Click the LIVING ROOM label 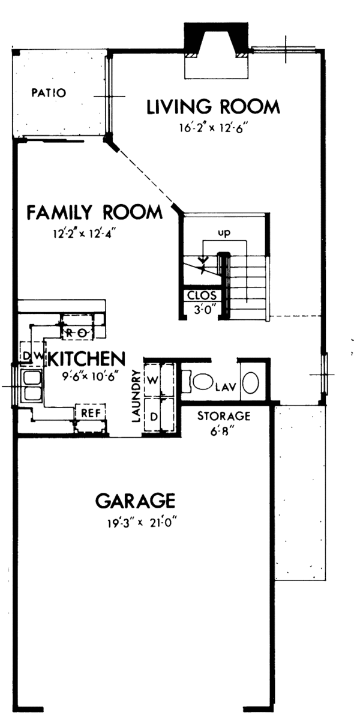click(x=213, y=107)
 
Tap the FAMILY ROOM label click(x=95, y=212)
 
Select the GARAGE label click(x=136, y=500)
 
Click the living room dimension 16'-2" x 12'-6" click(x=213, y=127)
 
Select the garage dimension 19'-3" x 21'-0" click(x=141, y=522)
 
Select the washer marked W click(x=152, y=380)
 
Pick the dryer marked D click(x=152, y=415)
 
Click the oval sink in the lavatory click(x=252, y=382)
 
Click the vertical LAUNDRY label click(x=136, y=396)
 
